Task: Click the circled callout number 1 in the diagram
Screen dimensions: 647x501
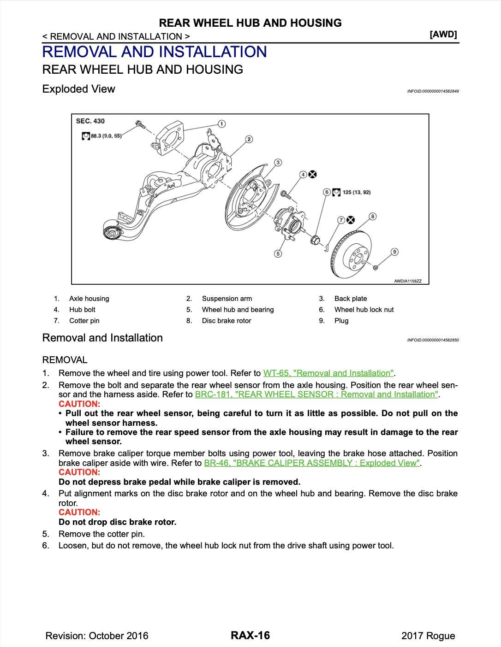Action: (x=221, y=124)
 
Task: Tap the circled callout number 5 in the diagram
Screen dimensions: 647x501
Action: (x=278, y=253)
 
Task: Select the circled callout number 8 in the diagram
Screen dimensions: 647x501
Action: (x=372, y=216)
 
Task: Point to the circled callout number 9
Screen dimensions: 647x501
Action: (x=394, y=252)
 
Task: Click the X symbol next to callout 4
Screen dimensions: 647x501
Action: (x=313, y=174)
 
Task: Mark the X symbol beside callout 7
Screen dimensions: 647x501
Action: (x=351, y=220)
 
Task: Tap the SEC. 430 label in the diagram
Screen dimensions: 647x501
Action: (x=90, y=121)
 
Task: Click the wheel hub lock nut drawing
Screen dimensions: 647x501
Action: (x=316, y=240)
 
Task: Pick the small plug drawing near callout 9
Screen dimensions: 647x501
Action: (x=376, y=267)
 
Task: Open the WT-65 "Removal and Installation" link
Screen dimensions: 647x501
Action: (x=328, y=373)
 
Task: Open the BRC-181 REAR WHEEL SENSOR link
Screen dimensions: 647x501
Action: (x=316, y=394)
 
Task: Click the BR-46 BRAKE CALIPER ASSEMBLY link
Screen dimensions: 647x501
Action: (x=312, y=463)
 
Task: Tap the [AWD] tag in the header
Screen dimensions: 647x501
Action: (x=443, y=35)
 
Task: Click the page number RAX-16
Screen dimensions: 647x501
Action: (x=250, y=635)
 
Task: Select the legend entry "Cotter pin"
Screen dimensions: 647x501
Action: (x=84, y=321)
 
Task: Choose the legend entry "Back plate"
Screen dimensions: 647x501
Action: (x=351, y=299)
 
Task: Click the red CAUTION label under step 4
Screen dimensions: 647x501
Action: (x=79, y=512)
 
